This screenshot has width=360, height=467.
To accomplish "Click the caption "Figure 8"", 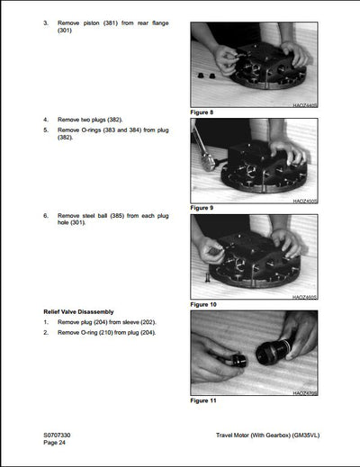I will [205, 112].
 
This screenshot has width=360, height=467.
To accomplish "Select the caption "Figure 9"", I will [205, 208].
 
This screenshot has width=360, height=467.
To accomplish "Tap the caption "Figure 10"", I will [207, 304].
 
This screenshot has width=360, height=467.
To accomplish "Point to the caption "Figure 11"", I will [207, 400].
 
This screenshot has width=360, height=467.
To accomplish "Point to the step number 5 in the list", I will [46, 130].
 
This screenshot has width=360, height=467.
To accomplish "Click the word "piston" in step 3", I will [94, 21].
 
